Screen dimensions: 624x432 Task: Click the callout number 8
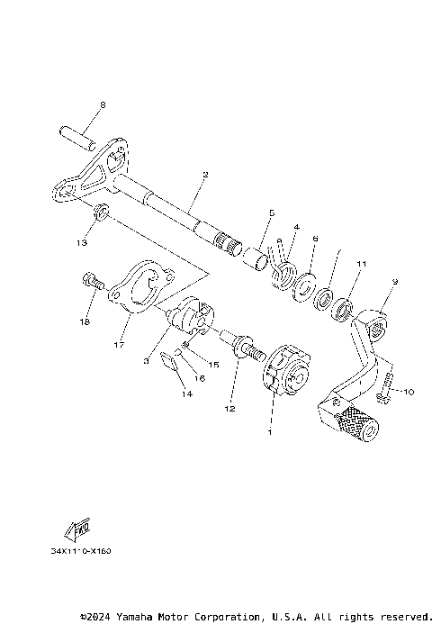click(102, 105)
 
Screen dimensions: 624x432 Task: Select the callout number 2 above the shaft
click(205, 175)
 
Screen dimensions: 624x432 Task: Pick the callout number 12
click(229, 410)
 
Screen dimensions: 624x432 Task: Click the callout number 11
click(362, 264)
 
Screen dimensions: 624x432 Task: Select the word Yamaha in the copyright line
click(135, 617)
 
